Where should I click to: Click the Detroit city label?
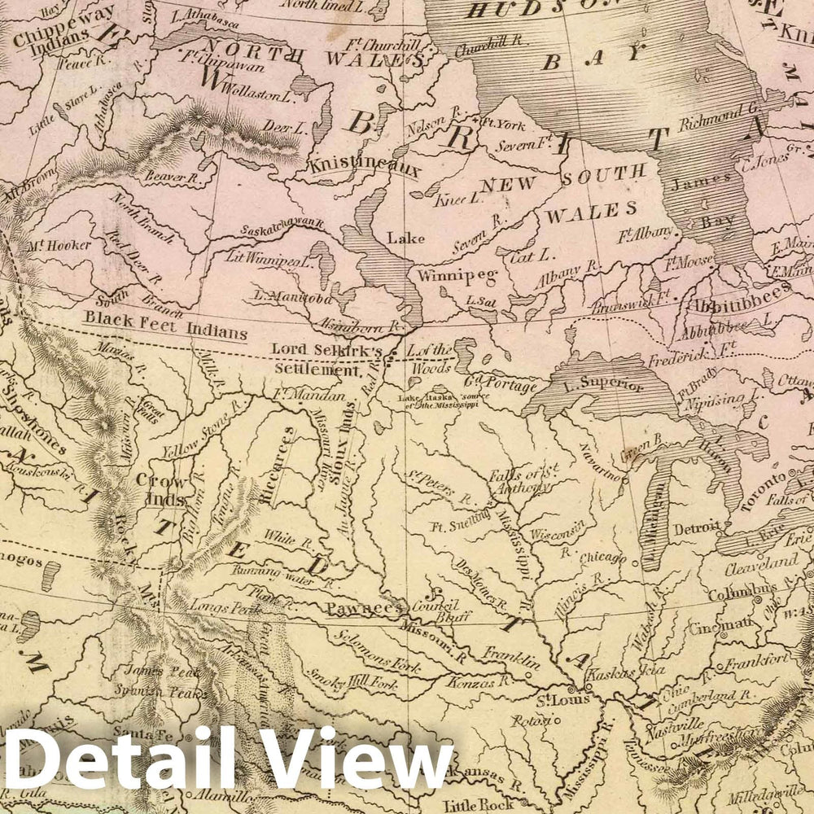(x=696, y=527)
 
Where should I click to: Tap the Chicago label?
(x=603, y=559)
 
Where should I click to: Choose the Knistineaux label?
(x=364, y=168)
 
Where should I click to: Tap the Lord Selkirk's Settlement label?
(x=326, y=358)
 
